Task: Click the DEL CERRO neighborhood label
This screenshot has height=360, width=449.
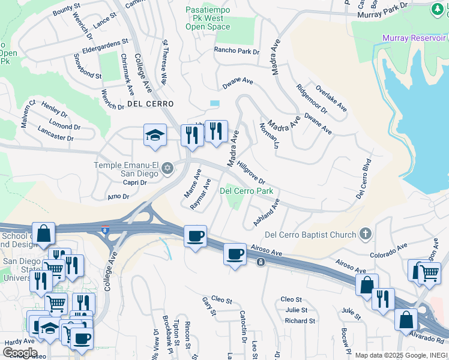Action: (150, 104)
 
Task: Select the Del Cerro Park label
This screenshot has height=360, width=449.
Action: (246, 191)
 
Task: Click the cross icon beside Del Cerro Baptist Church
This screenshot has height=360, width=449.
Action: (365, 233)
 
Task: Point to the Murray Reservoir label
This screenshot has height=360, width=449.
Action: (414, 38)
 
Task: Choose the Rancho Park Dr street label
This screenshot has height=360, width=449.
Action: (237, 52)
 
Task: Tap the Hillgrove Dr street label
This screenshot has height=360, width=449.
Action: (251, 172)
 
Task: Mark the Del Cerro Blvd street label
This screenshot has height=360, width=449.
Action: (364, 179)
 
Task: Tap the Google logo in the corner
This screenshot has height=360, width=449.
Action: (19, 352)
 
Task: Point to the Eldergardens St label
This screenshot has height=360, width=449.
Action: (105, 43)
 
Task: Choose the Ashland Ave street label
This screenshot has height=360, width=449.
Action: (267, 212)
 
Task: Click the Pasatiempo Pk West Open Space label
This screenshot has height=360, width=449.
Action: (208, 19)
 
